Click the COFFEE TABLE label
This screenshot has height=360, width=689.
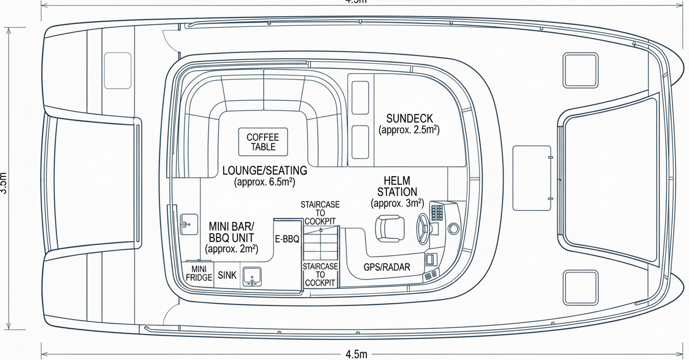(x=263, y=142)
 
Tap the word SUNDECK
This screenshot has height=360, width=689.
(x=409, y=119)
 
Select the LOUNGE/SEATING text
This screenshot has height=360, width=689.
(x=265, y=171)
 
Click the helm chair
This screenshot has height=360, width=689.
(x=390, y=228)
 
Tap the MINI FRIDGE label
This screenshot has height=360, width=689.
(x=199, y=273)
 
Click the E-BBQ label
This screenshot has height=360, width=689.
(x=287, y=240)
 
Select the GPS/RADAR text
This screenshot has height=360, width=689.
(x=387, y=267)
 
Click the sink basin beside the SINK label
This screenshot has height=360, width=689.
(x=252, y=276)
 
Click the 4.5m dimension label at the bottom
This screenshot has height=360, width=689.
(x=356, y=354)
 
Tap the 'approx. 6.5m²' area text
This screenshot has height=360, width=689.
(x=265, y=182)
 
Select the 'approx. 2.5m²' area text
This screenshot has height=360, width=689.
(x=409, y=131)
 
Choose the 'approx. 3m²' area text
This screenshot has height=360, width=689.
(x=397, y=203)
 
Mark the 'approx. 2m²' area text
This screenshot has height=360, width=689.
(x=232, y=249)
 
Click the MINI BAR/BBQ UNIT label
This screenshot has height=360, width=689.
(x=231, y=232)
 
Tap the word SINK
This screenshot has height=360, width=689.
(x=227, y=275)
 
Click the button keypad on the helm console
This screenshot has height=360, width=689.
(x=436, y=212)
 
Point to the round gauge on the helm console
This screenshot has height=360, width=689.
(x=454, y=228)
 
